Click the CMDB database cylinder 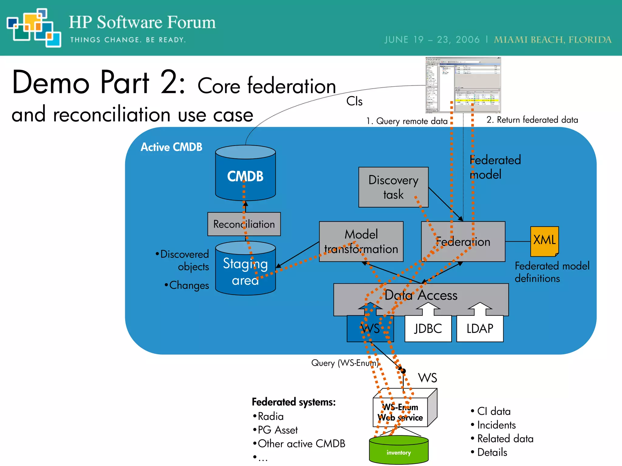click(x=245, y=174)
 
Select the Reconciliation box click(x=244, y=224)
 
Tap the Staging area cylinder click(x=245, y=270)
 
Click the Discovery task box click(x=393, y=187)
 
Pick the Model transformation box click(x=361, y=241)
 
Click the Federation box click(x=463, y=242)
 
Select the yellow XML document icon click(x=544, y=241)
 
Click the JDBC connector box click(x=428, y=329)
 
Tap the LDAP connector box click(x=480, y=329)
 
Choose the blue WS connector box click(x=370, y=329)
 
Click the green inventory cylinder click(x=398, y=450)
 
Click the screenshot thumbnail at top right click(x=463, y=85)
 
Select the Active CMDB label click(x=171, y=147)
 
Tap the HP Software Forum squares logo click(x=33, y=28)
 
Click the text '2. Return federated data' click(x=532, y=120)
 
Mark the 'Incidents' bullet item click(x=496, y=425)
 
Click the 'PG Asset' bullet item click(x=277, y=430)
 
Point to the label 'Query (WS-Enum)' click(x=345, y=363)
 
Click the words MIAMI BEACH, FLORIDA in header click(x=552, y=40)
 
